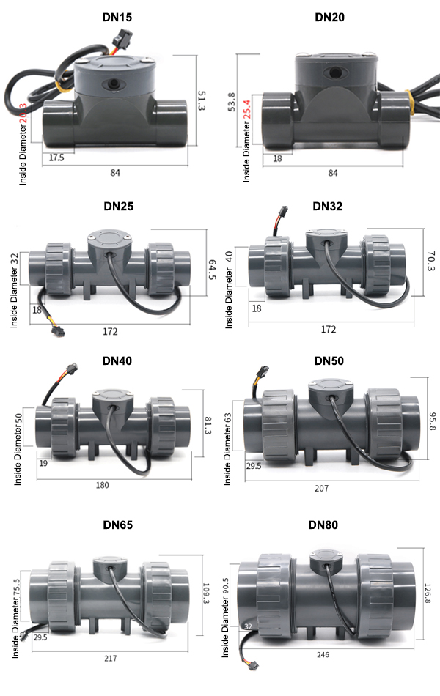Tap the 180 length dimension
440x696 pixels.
pyautogui.click(x=112, y=485)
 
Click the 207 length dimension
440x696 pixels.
pyautogui.click(x=321, y=488)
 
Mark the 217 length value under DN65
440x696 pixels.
pyautogui.click(x=110, y=659)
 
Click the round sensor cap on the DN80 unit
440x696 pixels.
pyautogui.click(x=325, y=560)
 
